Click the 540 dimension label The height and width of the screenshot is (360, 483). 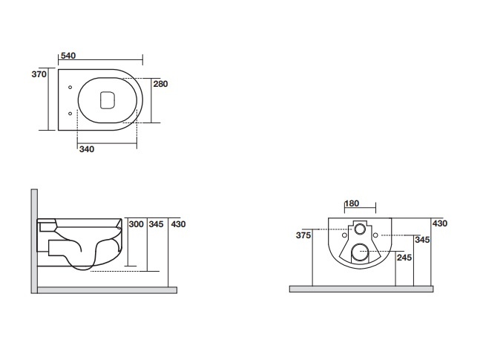point(68,56)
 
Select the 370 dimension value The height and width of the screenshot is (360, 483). point(39,74)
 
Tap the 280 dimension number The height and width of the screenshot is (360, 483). point(160,84)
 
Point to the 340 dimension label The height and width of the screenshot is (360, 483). point(87,149)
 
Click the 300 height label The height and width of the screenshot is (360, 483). point(137,224)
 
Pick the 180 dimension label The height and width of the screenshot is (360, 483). point(352,203)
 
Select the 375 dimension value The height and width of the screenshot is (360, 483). point(303,235)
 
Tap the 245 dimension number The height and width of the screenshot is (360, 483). point(404,258)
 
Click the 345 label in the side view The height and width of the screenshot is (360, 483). point(156,224)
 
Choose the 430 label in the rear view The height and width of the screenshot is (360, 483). point(440,223)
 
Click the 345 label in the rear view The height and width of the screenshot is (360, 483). point(422,240)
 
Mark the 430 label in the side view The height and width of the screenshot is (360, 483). point(178,224)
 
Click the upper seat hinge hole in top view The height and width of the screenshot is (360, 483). point(70,88)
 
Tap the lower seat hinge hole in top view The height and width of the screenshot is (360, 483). point(70,114)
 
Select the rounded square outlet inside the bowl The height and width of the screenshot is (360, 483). point(108,100)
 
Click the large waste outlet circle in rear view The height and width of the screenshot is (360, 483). point(360,252)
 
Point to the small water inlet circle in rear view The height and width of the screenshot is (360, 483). point(360,229)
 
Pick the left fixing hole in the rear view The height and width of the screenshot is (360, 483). point(345,235)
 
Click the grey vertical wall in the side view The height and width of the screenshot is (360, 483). point(34,241)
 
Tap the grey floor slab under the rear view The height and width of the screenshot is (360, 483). point(361,289)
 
